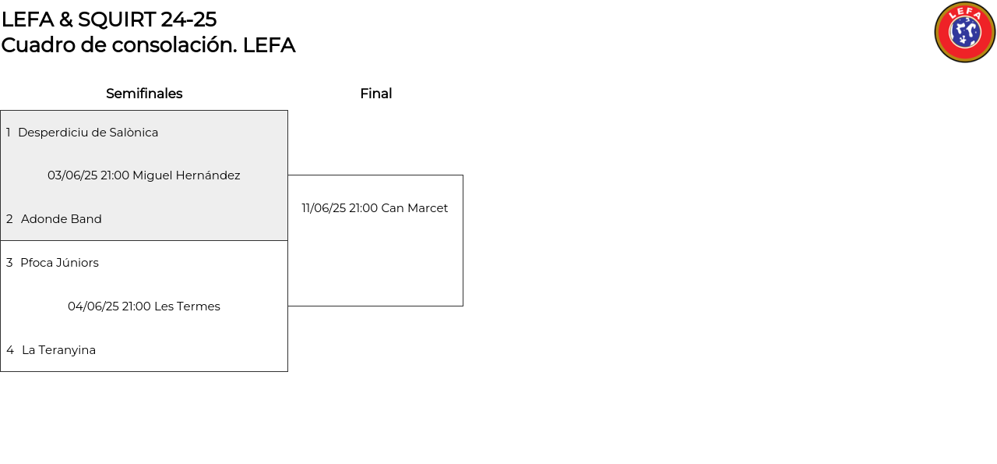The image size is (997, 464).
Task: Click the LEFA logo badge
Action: click(x=965, y=32)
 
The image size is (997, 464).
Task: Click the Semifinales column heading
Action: click(x=144, y=94)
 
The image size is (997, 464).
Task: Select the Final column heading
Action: click(x=376, y=94)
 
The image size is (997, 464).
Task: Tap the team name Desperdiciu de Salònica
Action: click(x=88, y=133)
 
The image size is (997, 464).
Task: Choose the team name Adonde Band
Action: click(x=62, y=219)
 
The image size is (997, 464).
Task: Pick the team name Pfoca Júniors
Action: click(x=60, y=263)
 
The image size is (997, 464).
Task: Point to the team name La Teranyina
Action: click(x=58, y=350)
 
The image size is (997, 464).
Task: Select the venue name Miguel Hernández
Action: click(x=186, y=175)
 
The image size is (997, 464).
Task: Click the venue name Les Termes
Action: click(x=188, y=306)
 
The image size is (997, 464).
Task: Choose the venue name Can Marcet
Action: click(x=414, y=208)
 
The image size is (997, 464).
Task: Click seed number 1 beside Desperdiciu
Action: click(x=9, y=133)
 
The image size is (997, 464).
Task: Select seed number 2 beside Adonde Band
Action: click(x=9, y=219)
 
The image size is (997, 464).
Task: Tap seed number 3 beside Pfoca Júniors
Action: click(x=9, y=263)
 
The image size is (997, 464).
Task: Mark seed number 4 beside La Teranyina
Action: click(x=10, y=350)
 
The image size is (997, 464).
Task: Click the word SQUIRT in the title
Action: click(x=117, y=19)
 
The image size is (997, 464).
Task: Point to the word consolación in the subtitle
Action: click(x=174, y=45)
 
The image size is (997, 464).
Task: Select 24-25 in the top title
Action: click(x=188, y=19)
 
